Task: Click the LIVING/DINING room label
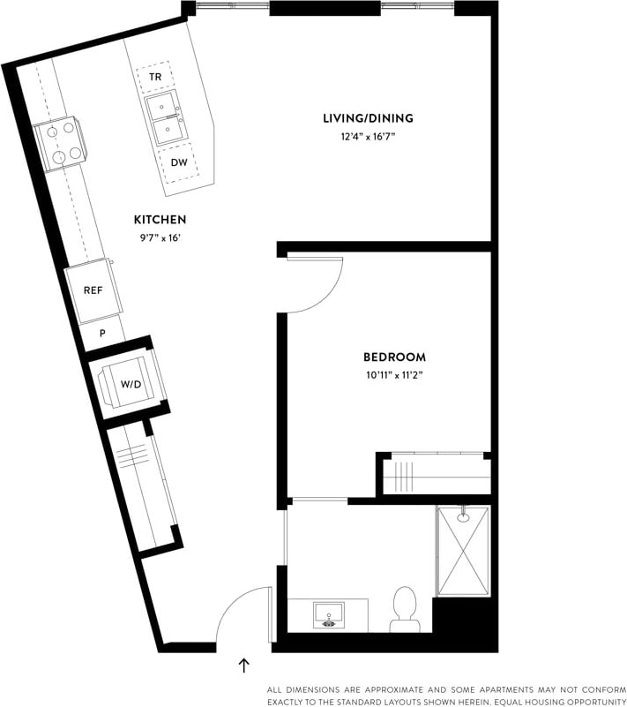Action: click(368, 118)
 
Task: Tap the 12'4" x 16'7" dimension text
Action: click(368, 136)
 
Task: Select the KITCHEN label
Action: click(160, 219)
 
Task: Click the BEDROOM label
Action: click(394, 357)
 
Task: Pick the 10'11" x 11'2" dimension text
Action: click(394, 375)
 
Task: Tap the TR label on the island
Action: click(155, 78)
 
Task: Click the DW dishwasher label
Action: click(178, 162)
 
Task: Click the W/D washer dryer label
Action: click(131, 384)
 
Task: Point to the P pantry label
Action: click(102, 334)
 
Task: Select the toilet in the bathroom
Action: click(406, 609)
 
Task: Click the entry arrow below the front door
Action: click(244, 665)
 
